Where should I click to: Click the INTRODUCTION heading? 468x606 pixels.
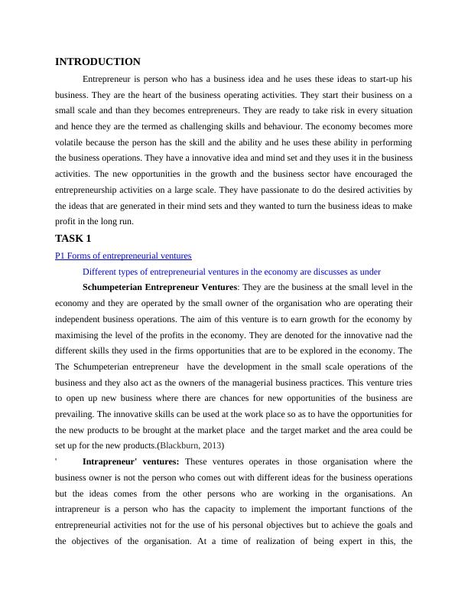98,61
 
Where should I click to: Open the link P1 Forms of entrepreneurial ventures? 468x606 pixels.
123,256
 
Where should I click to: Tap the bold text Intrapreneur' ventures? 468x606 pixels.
131,461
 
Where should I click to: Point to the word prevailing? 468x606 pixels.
78,414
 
